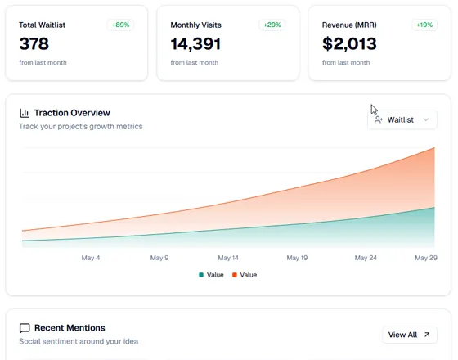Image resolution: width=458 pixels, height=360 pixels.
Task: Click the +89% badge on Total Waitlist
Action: pyautogui.click(x=120, y=25)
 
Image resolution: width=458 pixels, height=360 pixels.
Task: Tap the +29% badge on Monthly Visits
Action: pyautogui.click(x=272, y=25)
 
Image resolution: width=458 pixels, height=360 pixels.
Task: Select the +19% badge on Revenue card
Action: pyautogui.click(x=424, y=25)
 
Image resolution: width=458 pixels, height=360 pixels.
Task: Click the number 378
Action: pyautogui.click(x=34, y=44)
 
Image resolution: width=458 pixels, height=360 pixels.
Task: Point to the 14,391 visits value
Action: pyautogui.click(x=195, y=44)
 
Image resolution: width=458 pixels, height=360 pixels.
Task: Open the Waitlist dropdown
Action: pyautogui.click(x=402, y=119)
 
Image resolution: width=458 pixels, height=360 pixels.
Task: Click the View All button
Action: pyautogui.click(x=409, y=335)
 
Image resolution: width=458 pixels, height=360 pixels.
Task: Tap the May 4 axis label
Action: pyautogui.click(x=91, y=258)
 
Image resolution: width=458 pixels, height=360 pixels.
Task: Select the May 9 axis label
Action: pyautogui.click(x=159, y=258)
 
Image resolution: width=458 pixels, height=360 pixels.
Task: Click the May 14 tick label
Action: pyautogui.click(x=228, y=258)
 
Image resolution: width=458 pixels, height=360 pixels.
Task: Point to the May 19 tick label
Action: pyautogui.click(x=297, y=258)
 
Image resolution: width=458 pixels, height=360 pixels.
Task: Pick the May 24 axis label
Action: pyautogui.click(x=366, y=258)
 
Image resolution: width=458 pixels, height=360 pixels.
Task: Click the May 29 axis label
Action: pyautogui.click(x=426, y=258)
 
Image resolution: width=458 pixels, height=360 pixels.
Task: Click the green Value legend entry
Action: pyautogui.click(x=211, y=275)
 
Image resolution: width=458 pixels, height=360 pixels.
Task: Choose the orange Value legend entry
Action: pyautogui.click(x=245, y=275)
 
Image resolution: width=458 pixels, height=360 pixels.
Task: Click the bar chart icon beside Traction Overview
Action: pyautogui.click(x=25, y=113)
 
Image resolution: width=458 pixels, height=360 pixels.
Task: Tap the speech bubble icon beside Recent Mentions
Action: pyautogui.click(x=25, y=328)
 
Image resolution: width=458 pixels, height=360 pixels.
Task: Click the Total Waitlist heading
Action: pyautogui.click(x=42, y=25)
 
